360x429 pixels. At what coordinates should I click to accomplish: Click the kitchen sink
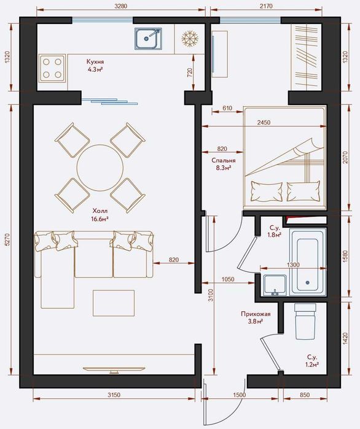[147, 39]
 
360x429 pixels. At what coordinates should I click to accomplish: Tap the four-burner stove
[52, 68]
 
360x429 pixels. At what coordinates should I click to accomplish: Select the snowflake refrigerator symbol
[190, 38]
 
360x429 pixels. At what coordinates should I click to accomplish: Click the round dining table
[100, 168]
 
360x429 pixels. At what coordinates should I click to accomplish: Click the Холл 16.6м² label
[100, 215]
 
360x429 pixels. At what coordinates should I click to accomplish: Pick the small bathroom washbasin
[275, 285]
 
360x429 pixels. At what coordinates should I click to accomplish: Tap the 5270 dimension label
[7, 239]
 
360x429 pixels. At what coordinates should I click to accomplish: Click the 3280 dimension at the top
[121, 6]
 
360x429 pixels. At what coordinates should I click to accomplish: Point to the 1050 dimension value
[228, 279]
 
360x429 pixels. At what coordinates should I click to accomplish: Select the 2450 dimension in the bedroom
[264, 123]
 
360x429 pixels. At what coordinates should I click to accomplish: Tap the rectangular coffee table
[114, 303]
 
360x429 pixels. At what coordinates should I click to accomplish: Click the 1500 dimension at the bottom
[239, 395]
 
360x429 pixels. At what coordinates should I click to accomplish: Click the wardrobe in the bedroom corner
[307, 57]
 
